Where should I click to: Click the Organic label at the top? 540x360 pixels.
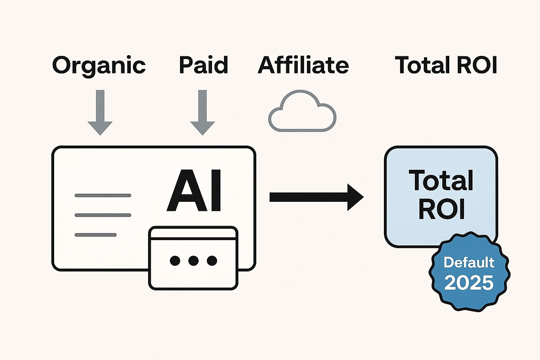click(x=99, y=65)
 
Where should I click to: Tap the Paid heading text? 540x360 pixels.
click(x=204, y=65)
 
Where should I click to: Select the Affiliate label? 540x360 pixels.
click(x=303, y=65)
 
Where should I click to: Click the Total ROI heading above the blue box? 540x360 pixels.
click(x=446, y=65)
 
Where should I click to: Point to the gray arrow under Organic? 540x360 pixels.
click(x=100, y=112)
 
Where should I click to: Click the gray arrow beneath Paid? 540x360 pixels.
click(x=202, y=112)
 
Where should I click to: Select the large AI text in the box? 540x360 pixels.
click(x=194, y=191)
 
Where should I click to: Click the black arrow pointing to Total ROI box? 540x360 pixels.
click(x=316, y=197)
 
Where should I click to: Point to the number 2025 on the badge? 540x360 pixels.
click(x=469, y=282)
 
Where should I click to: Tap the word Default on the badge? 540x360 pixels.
click(x=469, y=262)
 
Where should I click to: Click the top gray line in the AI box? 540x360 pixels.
click(x=103, y=195)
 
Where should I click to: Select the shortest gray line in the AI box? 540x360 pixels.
click(x=96, y=235)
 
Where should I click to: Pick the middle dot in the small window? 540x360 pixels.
click(x=193, y=261)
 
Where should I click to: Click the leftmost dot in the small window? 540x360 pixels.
click(x=175, y=261)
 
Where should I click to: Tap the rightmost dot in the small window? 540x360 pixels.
click(x=212, y=261)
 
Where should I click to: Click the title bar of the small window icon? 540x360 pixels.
click(x=193, y=233)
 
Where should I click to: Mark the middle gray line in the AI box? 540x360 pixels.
click(x=103, y=215)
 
